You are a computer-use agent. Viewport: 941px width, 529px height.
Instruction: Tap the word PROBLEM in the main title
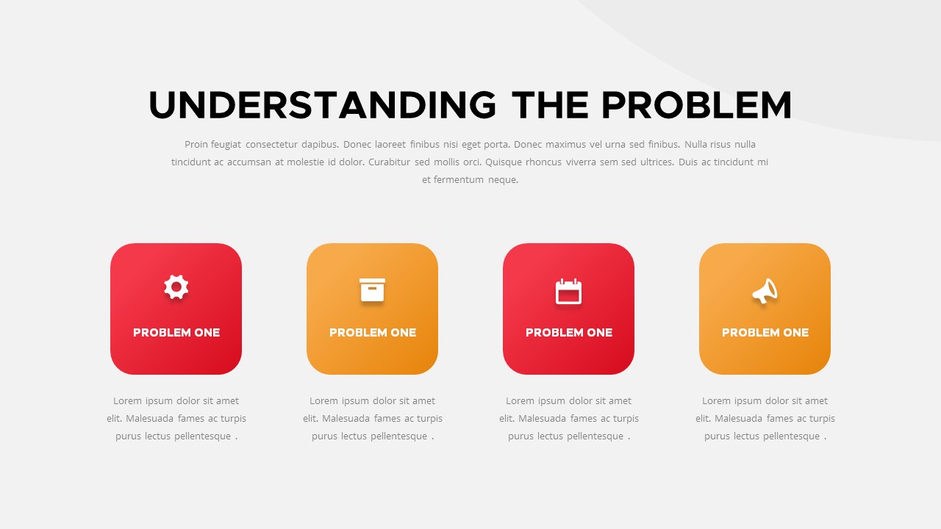click(696, 105)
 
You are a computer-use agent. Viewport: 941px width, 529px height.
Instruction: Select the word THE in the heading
click(550, 105)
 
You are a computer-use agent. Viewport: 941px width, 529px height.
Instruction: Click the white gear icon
click(176, 287)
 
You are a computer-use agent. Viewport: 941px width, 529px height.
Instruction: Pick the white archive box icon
click(372, 290)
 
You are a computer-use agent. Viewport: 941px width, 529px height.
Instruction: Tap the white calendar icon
click(568, 292)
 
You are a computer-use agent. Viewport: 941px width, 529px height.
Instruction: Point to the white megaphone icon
click(765, 291)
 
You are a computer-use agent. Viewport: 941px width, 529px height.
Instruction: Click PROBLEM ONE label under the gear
click(176, 333)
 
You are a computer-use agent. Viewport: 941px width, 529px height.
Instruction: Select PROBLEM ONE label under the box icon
click(373, 333)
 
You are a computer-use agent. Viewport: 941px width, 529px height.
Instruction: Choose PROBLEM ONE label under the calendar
click(569, 333)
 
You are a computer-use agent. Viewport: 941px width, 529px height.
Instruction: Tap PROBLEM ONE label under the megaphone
click(765, 333)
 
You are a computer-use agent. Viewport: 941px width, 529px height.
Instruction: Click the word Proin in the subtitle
click(196, 145)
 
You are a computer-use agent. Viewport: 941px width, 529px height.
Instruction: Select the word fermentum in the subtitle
click(459, 180)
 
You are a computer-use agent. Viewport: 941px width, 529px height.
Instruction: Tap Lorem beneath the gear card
click(127, 401)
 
